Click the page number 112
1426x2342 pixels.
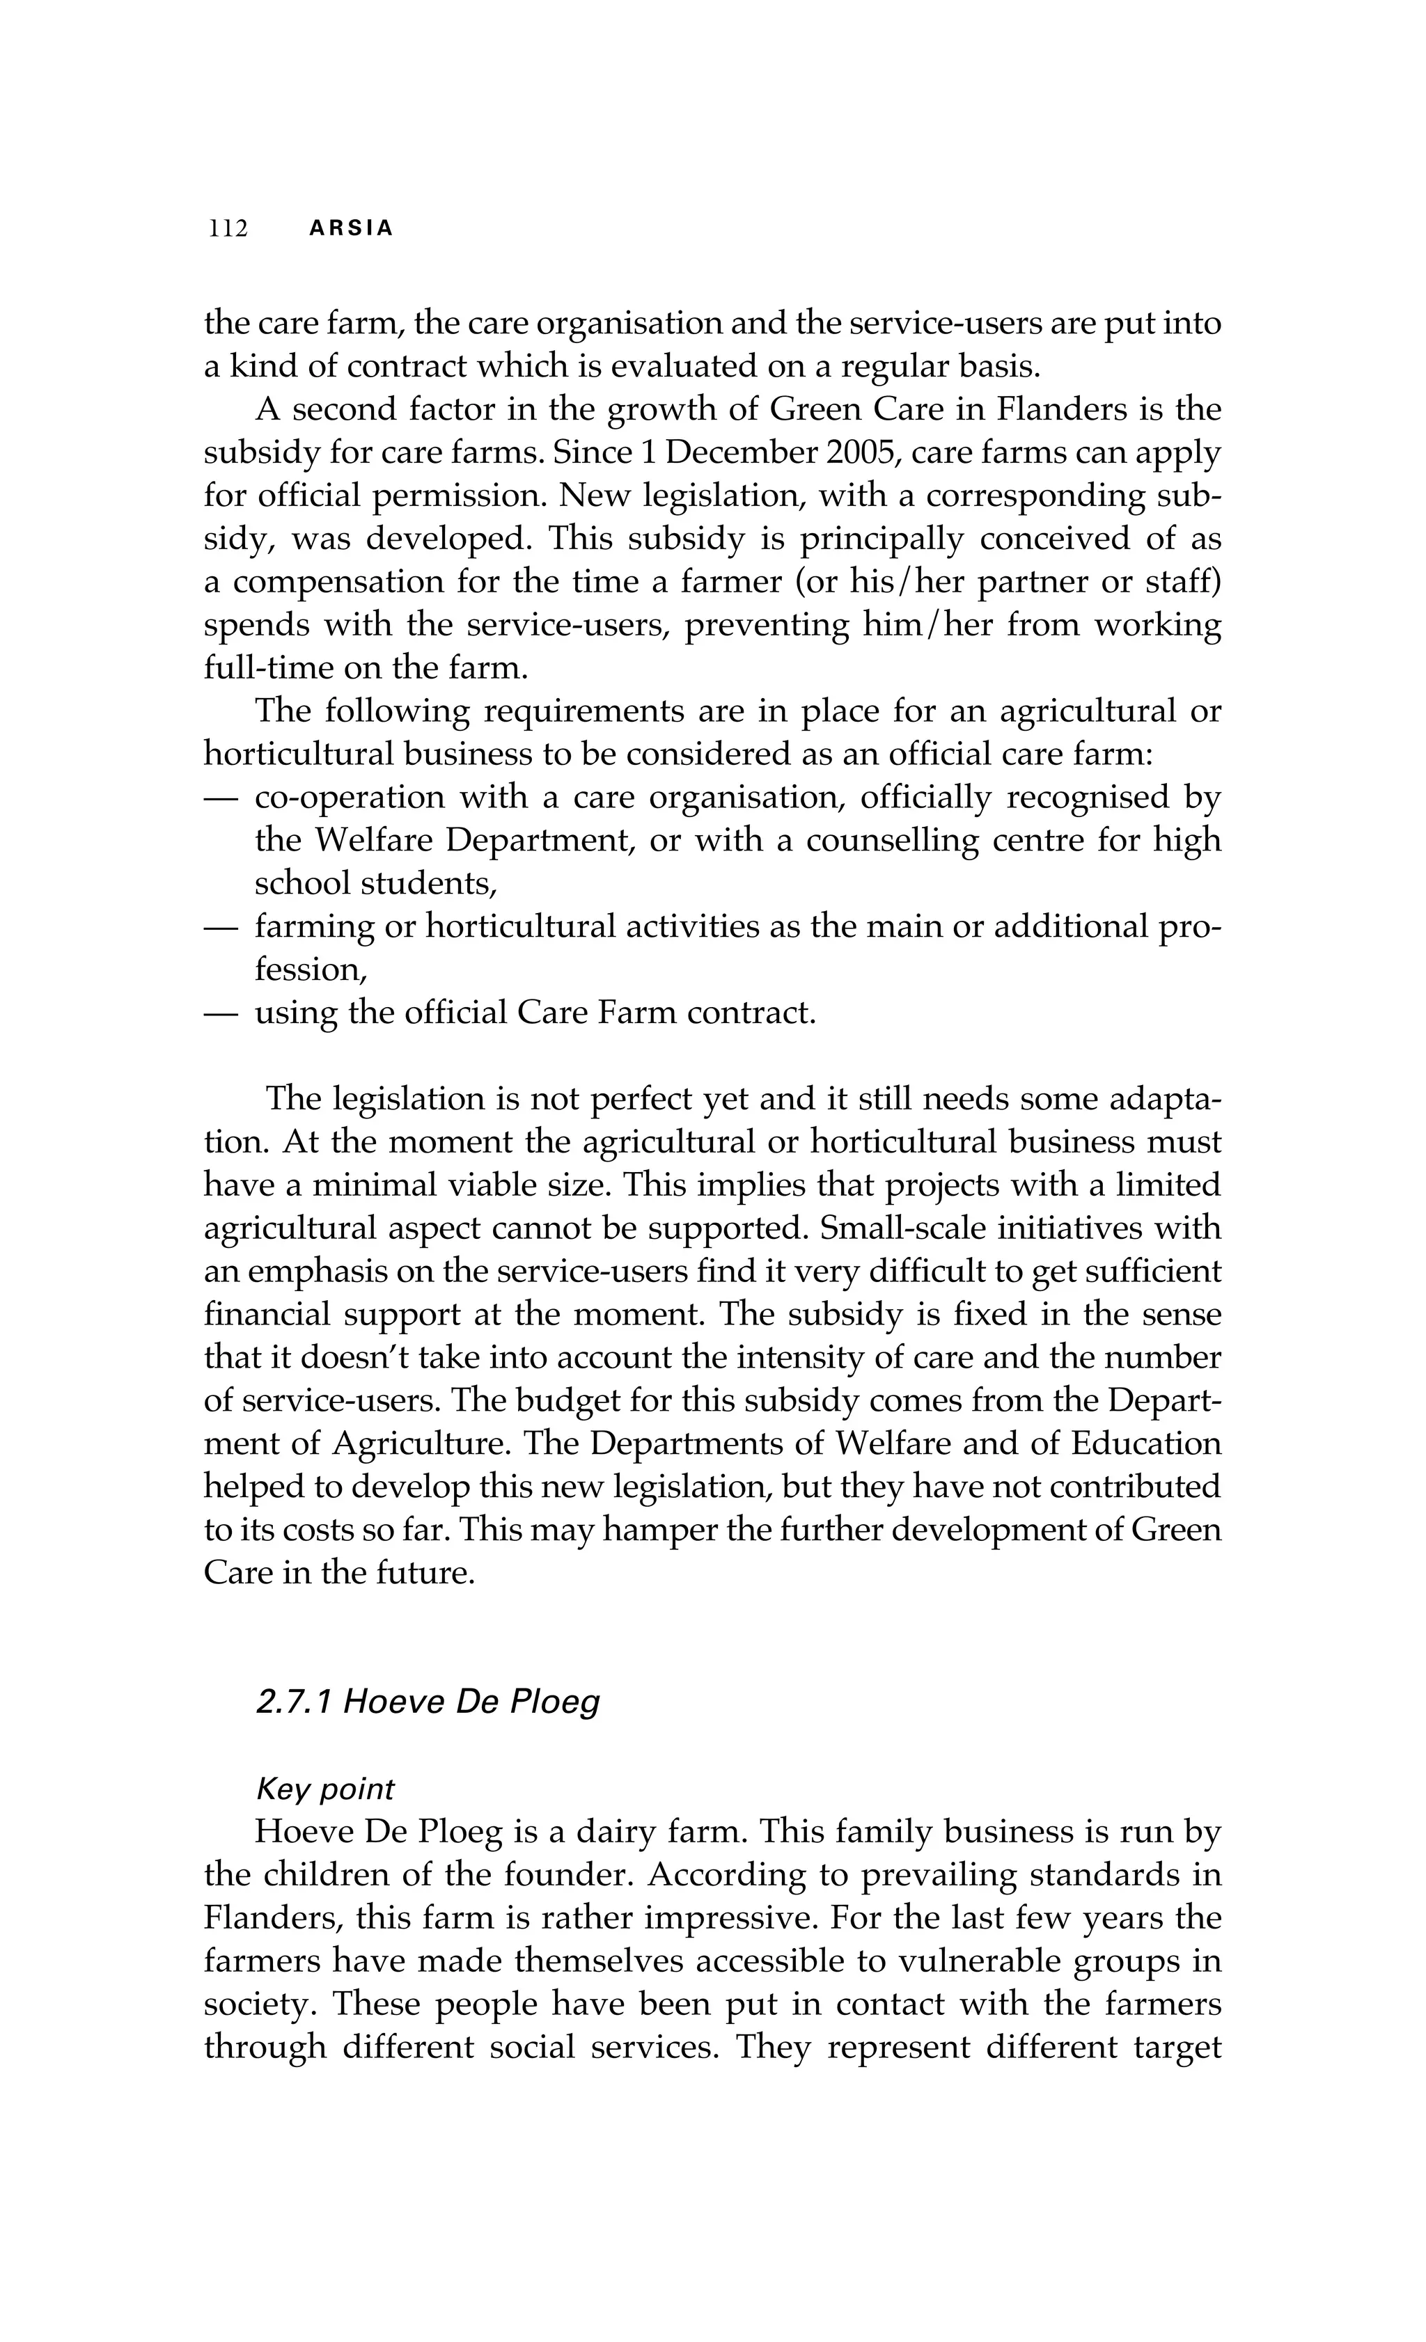tap(228, 229)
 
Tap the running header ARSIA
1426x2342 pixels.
tap(351, 229)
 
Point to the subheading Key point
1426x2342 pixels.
tap(324, 1789)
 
